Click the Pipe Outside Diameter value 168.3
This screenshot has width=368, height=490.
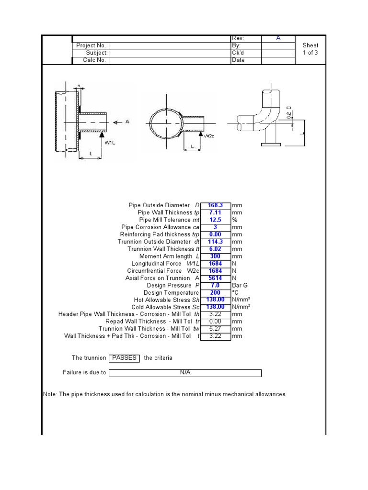tap(216, 205)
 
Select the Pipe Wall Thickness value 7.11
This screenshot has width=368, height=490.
tap(216, 212)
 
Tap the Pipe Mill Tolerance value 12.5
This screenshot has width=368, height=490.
tap(216, 220)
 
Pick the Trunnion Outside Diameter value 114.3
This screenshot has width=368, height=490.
tap(216, 242)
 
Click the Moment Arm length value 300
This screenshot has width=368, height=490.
tap(216, 256)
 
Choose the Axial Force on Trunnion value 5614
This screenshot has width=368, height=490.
tap(216, 278)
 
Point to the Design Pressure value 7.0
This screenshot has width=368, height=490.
tap(216, 285)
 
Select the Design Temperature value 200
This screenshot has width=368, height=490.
tap(216, 292)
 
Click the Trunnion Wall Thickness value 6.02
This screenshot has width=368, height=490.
tap(216, 249)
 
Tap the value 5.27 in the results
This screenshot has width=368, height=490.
tap(216, 329)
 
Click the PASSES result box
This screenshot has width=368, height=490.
tap(124, 358)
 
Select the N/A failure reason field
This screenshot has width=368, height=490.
tap(185, 373)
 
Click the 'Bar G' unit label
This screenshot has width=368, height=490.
tap(240, 285)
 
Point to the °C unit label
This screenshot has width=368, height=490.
tap(235, 292)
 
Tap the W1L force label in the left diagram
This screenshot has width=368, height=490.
tap(110, 142)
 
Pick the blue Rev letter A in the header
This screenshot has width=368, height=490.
tap(278, 38)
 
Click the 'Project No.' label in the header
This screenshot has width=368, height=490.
tap(91, 45)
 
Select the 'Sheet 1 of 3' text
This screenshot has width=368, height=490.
tap(310, 49)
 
